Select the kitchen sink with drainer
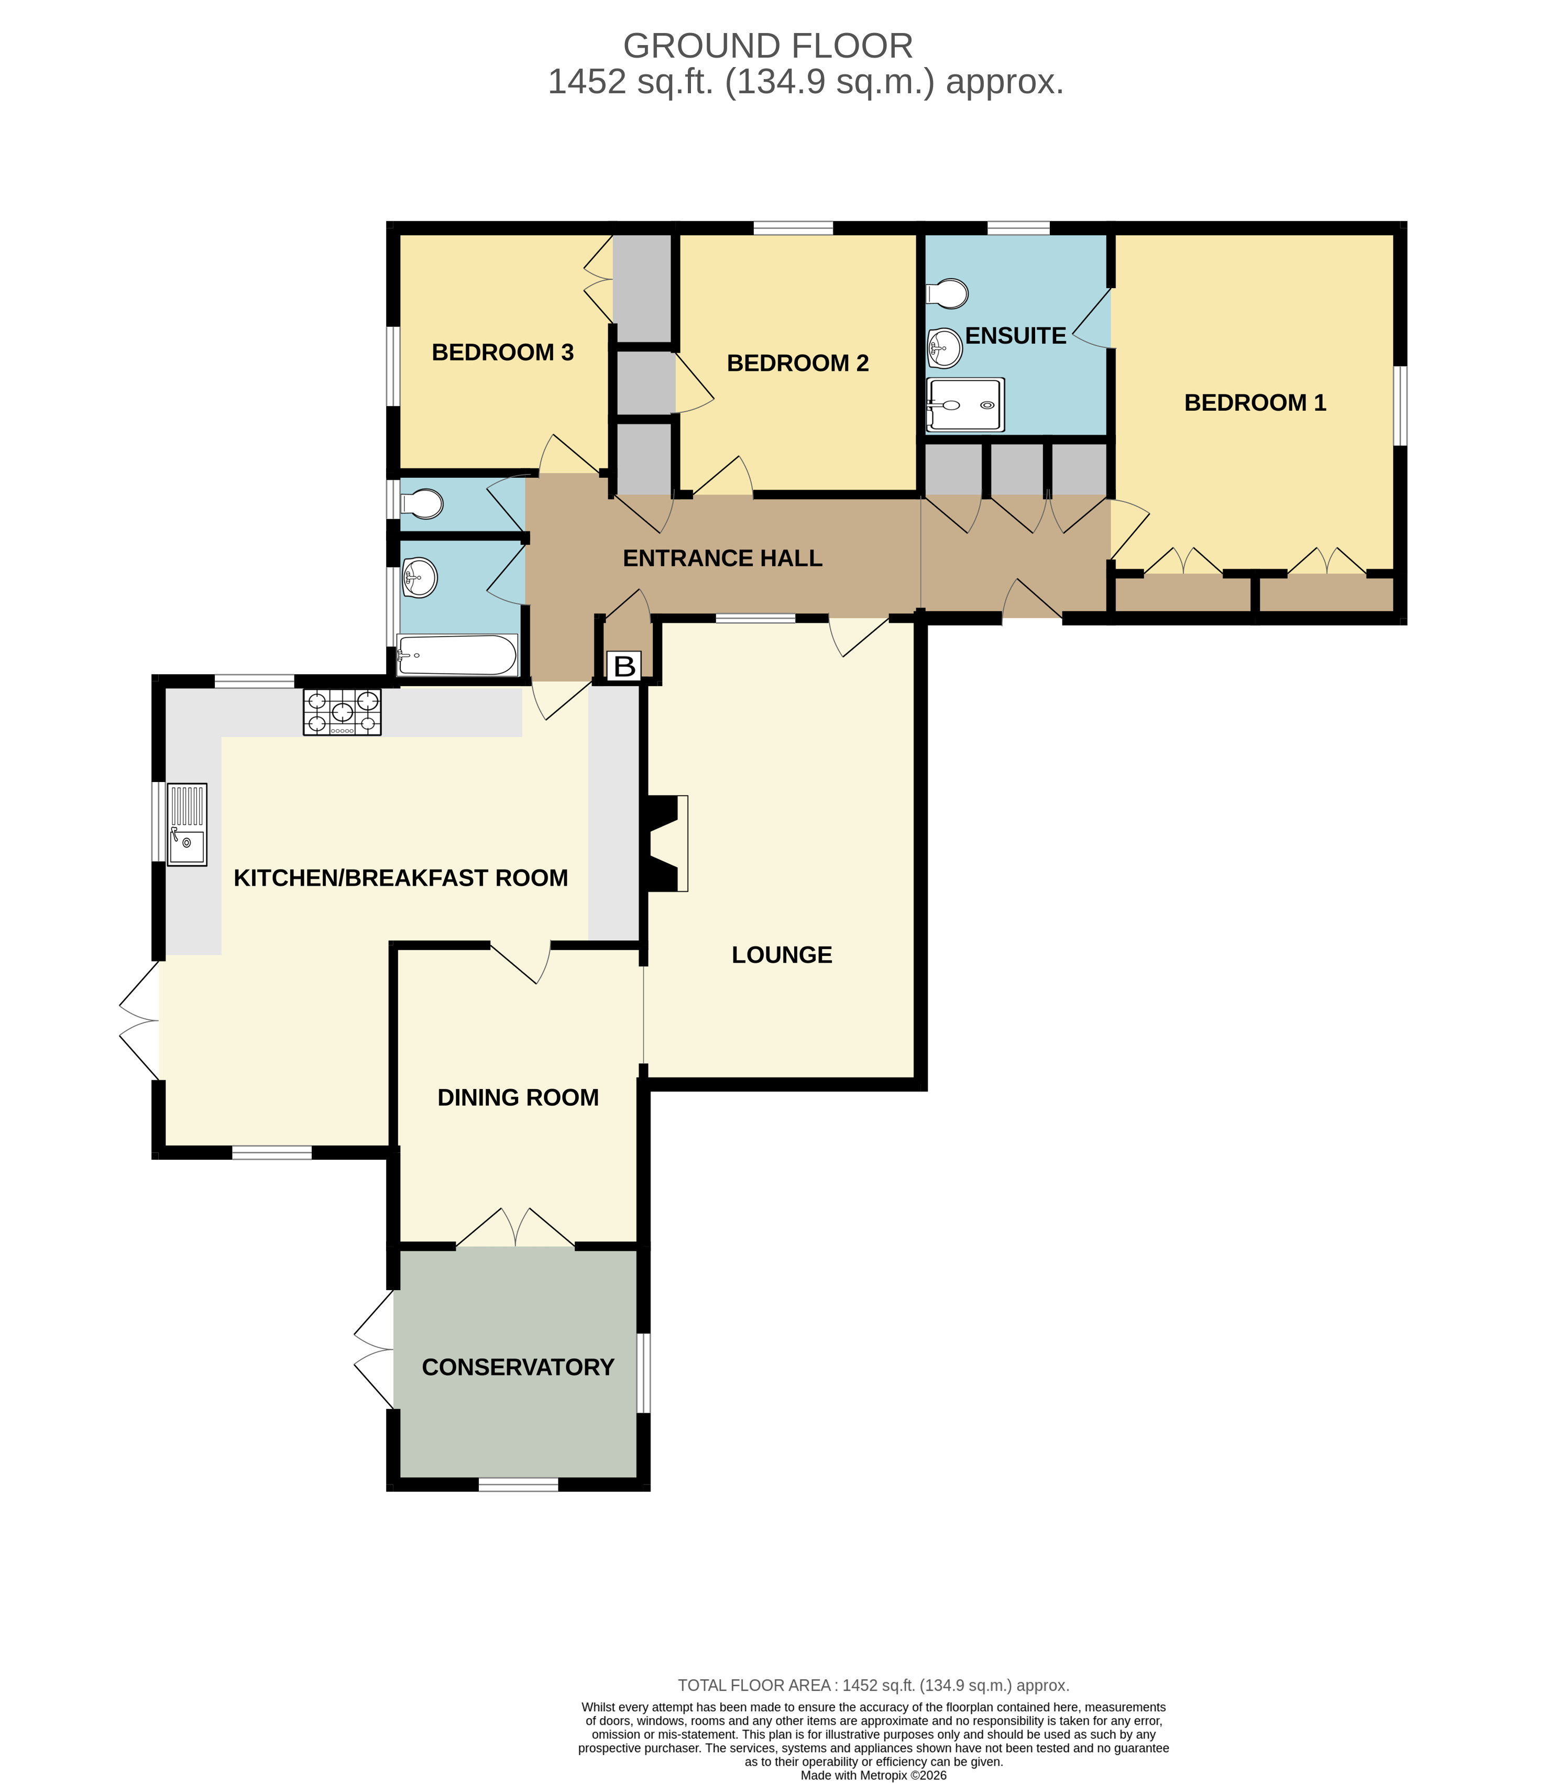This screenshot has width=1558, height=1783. [x=187, y=824]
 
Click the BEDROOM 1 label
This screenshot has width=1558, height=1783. [x=1255, y=402]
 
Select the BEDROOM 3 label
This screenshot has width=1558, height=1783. [x=502, y=352]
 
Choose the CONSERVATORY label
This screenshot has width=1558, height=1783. [x=518, y=1368]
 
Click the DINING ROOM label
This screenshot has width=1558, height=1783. [x=518, y=1098]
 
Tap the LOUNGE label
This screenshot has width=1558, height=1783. [x=782, y=954]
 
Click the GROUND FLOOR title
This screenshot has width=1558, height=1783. [x=767, y=45]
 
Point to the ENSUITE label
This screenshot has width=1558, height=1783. [x=1015, y=336]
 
